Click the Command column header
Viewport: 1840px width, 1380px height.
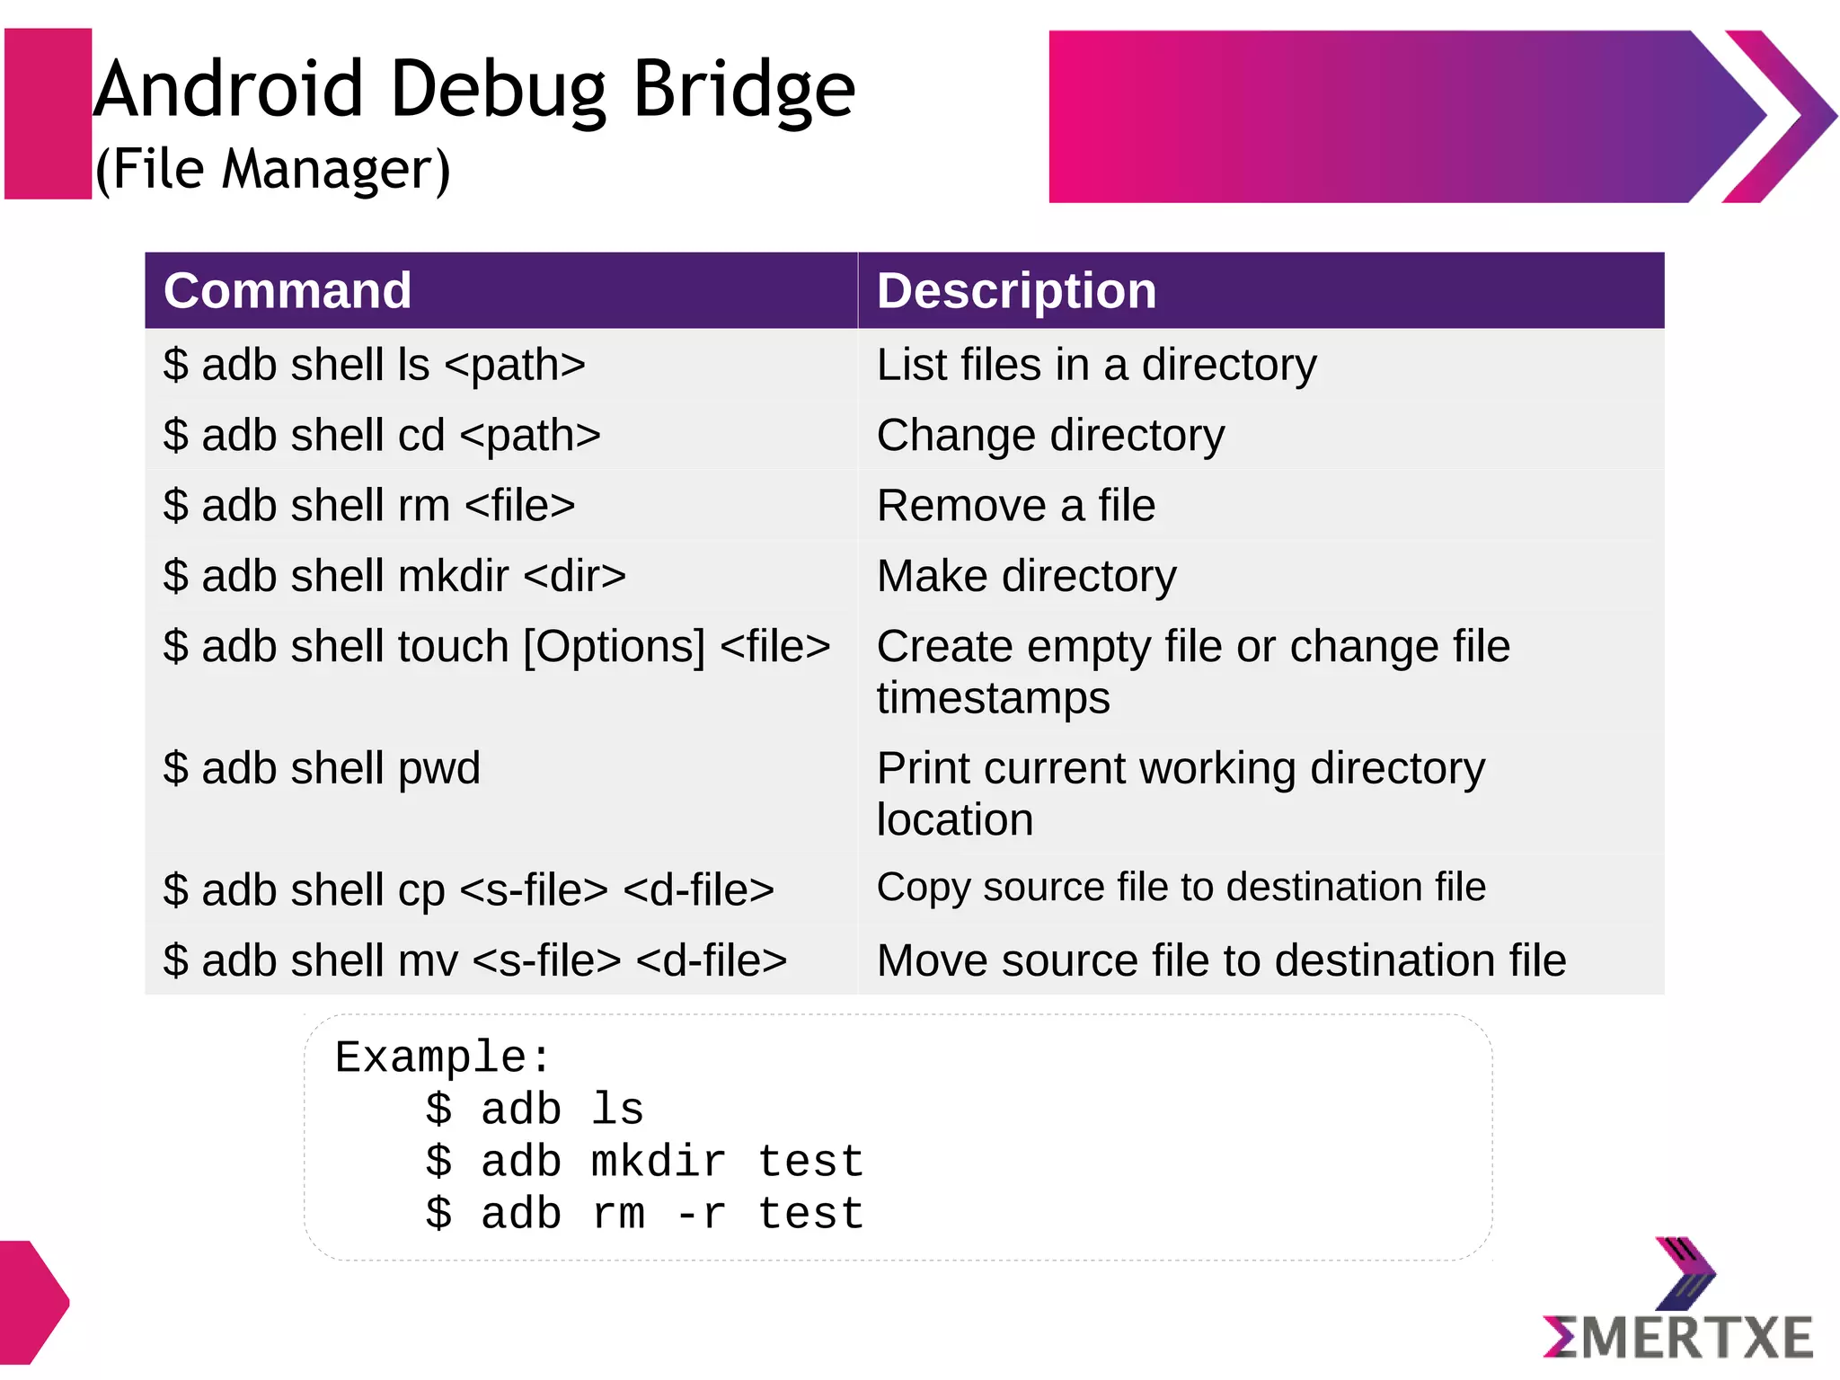pos(287,291)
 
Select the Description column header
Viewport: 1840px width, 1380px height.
pos(1016,291)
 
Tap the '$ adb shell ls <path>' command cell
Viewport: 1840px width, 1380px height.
pos(374,365)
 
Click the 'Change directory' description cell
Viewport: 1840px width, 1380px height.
pos(1050,436)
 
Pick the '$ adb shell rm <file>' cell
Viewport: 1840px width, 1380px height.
pos(368,506)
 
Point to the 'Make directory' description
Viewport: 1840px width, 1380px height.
pos(1026,576)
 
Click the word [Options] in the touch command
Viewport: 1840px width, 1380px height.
pos(615,647)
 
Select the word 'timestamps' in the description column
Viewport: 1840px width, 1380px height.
pos(993,698)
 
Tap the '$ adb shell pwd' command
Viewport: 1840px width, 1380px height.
pos(322,769)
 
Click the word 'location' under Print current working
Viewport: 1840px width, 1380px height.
pos(954,820)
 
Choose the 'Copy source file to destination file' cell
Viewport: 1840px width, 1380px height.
pos(1181,888)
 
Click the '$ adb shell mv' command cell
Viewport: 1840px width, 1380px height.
pos(474,960)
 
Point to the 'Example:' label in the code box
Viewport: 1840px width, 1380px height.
pos(442,1057)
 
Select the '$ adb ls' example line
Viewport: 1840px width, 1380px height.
pos(535,1109)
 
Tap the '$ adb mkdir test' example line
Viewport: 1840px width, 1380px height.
pos(644,1161)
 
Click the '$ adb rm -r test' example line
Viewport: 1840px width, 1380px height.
pos(644,1214)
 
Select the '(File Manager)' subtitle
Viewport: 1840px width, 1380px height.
pos(272,169)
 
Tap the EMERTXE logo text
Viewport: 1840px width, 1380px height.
pos(1678,1339)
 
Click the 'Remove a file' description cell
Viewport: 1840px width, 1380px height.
pos(1015,506)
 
